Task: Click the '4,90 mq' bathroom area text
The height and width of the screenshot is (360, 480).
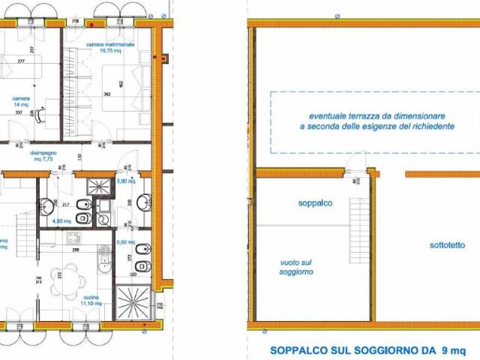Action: coord(61,221)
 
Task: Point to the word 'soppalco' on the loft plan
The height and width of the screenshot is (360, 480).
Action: coord(314,203)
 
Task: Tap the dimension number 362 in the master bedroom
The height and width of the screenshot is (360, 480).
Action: coord(107,94)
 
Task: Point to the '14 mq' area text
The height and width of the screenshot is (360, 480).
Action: coord(20,105)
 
